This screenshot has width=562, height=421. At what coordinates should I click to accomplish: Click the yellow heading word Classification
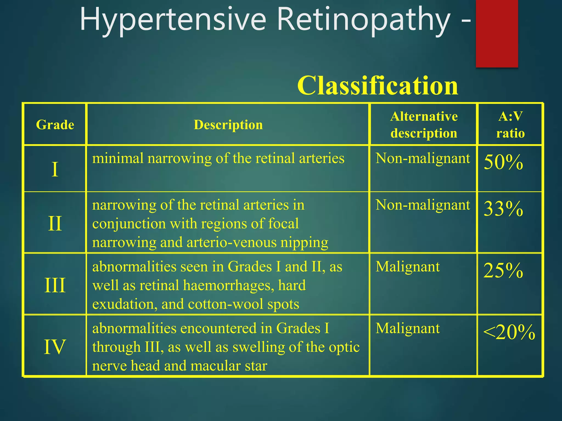point(378,86)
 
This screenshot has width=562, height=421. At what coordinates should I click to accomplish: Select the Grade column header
point(55,125)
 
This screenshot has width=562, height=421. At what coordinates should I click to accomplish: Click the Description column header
point(228,125)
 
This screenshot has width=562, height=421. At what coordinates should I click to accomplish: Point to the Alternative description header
point(424,125)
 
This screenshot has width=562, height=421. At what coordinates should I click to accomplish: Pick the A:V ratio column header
point(510,125)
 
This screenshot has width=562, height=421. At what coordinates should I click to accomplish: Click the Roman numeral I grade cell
point(55,169)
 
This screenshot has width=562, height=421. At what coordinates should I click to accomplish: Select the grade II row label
point(55,223)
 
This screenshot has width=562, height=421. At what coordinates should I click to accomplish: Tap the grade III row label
point(55,285)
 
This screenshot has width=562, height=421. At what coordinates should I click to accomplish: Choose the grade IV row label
point(55,347)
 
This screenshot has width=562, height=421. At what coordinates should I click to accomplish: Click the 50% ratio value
point(503,162)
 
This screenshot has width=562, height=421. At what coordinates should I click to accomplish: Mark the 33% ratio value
point(503,209)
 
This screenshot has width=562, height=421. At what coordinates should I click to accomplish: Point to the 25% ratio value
point(503,271)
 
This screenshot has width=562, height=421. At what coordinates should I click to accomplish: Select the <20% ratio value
point(509,332)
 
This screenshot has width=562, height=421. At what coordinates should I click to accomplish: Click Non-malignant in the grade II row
point(423,205)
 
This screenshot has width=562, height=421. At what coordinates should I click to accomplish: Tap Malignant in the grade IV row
point(408,328)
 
